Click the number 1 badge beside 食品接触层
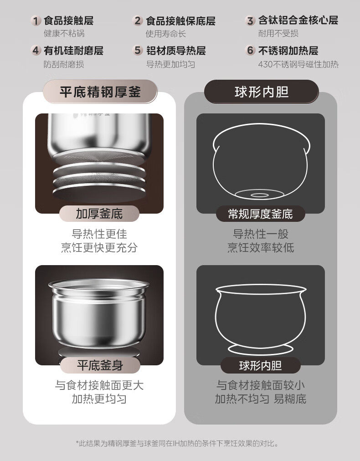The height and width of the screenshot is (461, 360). pyautogui.click(x=36, y=21)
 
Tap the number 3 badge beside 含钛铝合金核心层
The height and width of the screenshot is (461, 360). pyautogui.click(x=250, y=20)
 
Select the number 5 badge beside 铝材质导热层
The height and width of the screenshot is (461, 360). pyautogui.click(x=137, y=50)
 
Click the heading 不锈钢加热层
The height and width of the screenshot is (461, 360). pyautogui.click(x=288, y=51)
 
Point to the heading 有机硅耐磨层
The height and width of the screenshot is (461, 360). pyautogui.click(x=73, y=51)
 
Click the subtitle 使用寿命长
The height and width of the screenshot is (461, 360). pyautogui.click(x=166, y=34)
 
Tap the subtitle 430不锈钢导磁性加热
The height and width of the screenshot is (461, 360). pyautogui.click(x=298, y=64)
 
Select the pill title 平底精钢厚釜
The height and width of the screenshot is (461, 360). pyautogui.click(x=100, y=92)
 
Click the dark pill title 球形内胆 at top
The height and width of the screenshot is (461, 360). pyautogui.click(x=262, y=92)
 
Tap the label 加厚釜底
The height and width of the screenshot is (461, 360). pyautogui.click(x=99, y=214)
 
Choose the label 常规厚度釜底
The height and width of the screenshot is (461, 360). pyautogui.click(x=260, y=214)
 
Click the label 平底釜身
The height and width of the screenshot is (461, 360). pyautogui.click(x=100, y=365)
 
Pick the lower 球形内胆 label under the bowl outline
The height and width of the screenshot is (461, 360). pyautogui.click(x=261, y=365)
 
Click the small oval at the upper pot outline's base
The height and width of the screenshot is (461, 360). pyautogui.click(x=259, y=195)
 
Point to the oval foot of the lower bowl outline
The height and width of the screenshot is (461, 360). pyautogui.click(x=261, y=349)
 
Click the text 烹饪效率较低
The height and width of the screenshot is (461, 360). pyautogui.click(x=261, y=247)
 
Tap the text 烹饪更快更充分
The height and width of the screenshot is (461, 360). pyautogui.click(x=99, y=247)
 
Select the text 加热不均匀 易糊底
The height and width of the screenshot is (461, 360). pyautogui.click(x=261, y=399)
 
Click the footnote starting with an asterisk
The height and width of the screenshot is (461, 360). pyautogui.click(x=177, y=443)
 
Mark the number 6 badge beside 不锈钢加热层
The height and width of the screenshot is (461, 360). pyautogui.click(x=250, y=50)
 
